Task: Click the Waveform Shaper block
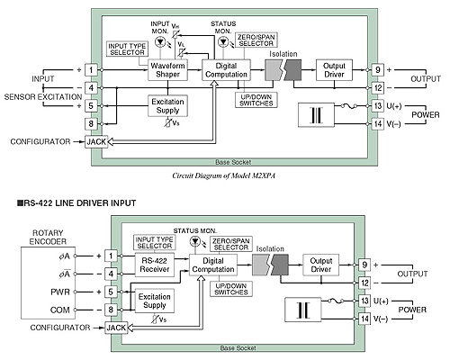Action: click(x=167, y=70)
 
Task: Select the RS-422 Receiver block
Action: click(x=155, y=265)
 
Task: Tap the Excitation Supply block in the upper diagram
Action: click(x=167, y=106)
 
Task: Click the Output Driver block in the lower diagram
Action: click(x=320, y=265)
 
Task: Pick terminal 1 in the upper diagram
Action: click(x=91, y=70)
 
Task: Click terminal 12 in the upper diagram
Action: click(x=378, y=88)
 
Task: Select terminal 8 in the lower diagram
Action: click(x=111, y=310)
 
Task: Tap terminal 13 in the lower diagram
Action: click(x=364, y=301)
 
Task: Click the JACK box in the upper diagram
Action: click(x=96, y=141)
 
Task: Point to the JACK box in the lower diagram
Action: click(x=116, y=328)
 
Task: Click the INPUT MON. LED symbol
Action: click(x=160, y=41)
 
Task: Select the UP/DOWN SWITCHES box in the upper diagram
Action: click(x=256, y=100)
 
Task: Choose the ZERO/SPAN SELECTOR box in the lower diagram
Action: click(x=231, y=244)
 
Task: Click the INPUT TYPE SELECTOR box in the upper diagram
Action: click(x=127, y=49)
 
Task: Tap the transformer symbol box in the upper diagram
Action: click(x=316, y=115)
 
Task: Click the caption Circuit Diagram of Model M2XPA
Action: click(x=223, y=175)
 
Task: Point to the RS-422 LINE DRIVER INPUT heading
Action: click(x=76, y=203)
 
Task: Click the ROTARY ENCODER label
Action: click(x=48, y=237)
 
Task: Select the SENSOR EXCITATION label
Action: click(x=43, y=97)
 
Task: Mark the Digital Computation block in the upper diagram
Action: click(x=226, y=70)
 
